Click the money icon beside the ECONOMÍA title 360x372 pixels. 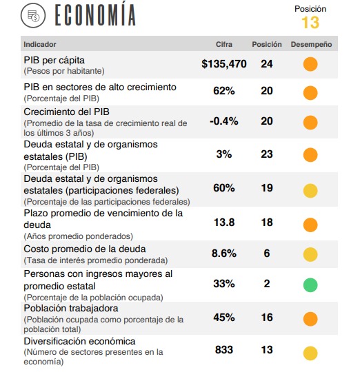click(33, 16)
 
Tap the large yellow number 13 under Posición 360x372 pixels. click(310, 23)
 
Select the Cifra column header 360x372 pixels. click(224, 44)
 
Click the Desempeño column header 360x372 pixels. click(311, 44)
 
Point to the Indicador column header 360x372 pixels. click(40, 44)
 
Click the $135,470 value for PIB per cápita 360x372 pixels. click(224, 64)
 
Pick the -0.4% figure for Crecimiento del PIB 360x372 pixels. click(224, 121)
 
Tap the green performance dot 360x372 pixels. click(310, 285)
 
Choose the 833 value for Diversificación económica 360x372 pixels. click(224, 350)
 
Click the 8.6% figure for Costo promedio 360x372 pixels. click(224, 253)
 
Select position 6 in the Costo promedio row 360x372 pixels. click(267, 253)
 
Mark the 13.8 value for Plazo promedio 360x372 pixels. click(224, 223)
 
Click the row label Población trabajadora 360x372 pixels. click(71, 308)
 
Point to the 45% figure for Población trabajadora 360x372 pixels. click(224, 318)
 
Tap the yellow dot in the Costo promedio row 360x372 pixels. click(310, 255)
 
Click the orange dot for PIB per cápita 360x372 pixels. click(310, 64)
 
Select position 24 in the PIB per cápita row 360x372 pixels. click(267, 64)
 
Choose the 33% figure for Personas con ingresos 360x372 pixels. click(224, 284)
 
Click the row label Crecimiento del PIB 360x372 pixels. click(66, 112)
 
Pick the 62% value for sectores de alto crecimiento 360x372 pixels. click(224, 91)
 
